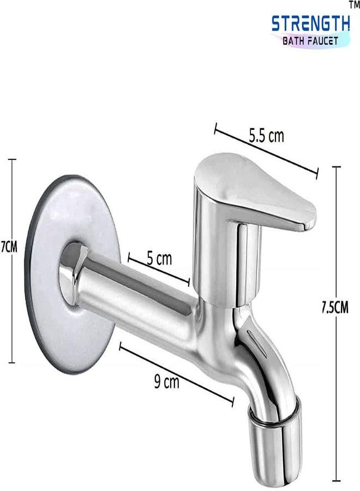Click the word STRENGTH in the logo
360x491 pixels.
[310, 24]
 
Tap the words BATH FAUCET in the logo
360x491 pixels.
[310, 40]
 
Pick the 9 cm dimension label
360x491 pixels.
[166, 382]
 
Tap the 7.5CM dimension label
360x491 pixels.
[335, 308]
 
